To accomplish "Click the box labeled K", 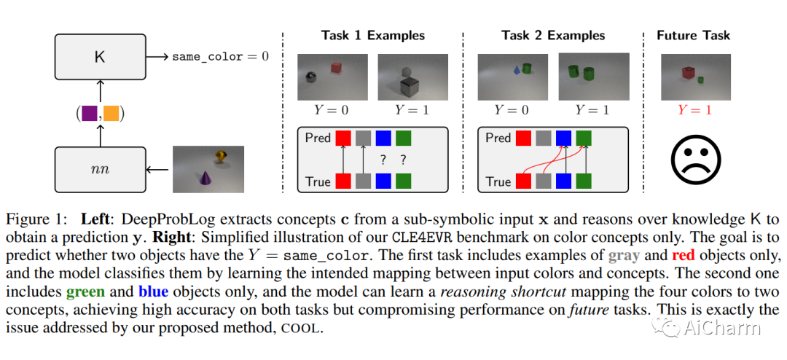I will [x=100, y=56].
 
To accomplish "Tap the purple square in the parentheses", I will [x=90, y=113].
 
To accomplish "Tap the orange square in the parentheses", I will [x=111, y=113].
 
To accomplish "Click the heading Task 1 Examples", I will [x=373, y=35].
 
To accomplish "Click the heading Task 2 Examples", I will [x=554, y=35].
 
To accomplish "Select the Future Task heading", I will [x=693, y=35].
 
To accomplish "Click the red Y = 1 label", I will [x=694, y=110].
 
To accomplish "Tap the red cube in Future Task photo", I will [x=688, y=73].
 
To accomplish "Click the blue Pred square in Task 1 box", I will [x=383, y=138].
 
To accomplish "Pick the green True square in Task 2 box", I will [x=584, y=181].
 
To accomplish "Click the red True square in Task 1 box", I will [x=342, y=181].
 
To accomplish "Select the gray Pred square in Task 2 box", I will [x=543, y=138].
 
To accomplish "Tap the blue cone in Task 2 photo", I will [x=517, y=70].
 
